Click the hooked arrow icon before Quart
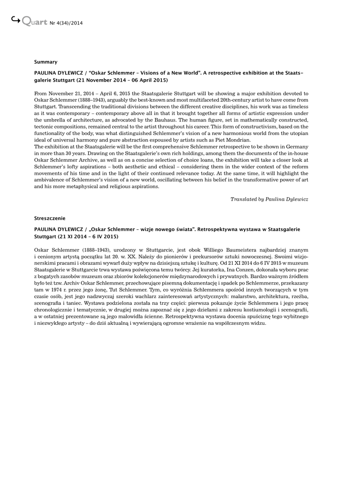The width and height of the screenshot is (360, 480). (x=15, y=19)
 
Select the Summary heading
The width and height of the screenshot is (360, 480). (x=45, y=62)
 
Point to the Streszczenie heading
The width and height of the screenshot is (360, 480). (x=50, y=218)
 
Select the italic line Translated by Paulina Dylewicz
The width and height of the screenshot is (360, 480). (x=269, y=199)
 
